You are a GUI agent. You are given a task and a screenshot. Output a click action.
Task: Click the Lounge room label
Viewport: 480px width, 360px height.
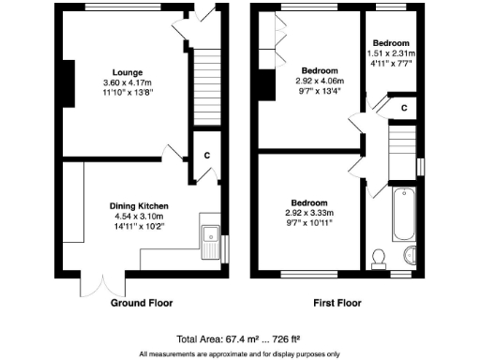click(127, 71)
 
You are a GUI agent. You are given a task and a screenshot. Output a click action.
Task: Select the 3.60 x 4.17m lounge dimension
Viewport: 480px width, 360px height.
click(127, 82)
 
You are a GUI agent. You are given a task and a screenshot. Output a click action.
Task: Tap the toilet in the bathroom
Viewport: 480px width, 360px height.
click(379, 256)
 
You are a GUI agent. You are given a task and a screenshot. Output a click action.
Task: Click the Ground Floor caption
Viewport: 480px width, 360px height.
click(142, 304)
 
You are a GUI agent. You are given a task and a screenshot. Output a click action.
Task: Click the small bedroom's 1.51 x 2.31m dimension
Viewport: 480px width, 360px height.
click(391, 53)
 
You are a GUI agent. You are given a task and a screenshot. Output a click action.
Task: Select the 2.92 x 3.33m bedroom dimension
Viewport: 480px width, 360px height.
click(308, 214)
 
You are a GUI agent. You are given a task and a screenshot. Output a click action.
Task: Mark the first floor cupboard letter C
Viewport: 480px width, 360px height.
click(402, 108)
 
